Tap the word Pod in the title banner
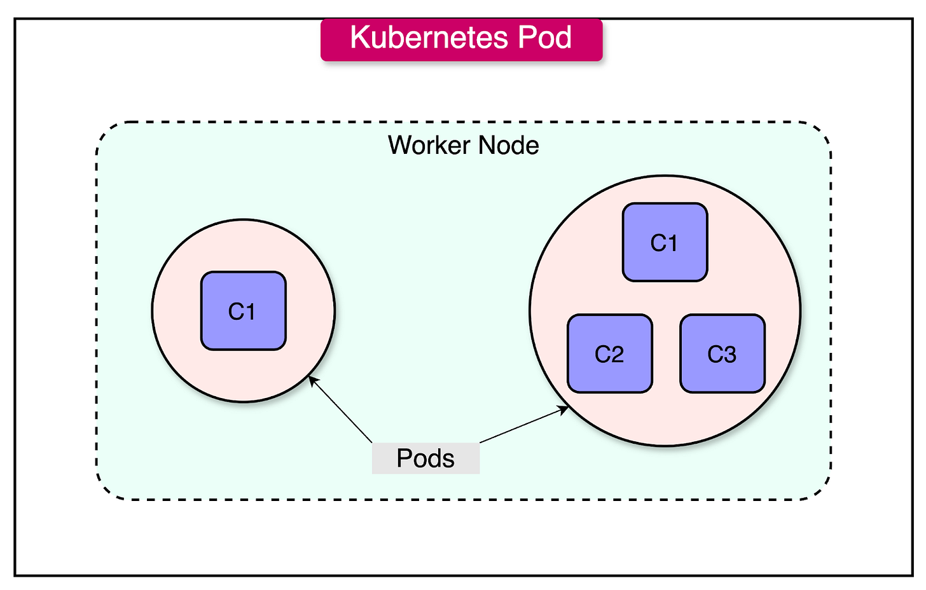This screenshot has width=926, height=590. click(544, 38)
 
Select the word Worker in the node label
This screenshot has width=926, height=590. click(429, 146)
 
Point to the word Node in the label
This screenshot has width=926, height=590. click(508, 146)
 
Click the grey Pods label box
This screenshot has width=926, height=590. click(425, 458)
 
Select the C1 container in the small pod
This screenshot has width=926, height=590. click(243, 311)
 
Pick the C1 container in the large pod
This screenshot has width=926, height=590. click(665, 242)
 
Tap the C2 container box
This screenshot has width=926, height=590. click(609, 353)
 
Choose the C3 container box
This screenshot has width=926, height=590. click(722, 353)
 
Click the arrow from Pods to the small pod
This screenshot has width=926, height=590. click(340, 409)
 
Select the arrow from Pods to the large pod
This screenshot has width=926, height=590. click(524, 425)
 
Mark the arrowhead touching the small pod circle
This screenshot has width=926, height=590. click(312, 380)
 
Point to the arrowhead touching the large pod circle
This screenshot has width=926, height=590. click(564, 410)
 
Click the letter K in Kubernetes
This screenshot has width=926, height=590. click(359, 38)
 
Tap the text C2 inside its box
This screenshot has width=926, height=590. click(609, 354)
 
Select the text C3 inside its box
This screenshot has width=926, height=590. click(722, 354)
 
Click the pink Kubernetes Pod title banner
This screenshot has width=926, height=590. click(461, 40)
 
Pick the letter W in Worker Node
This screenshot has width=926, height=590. click(399, 146)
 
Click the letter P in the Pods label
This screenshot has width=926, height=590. click(404, 458)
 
